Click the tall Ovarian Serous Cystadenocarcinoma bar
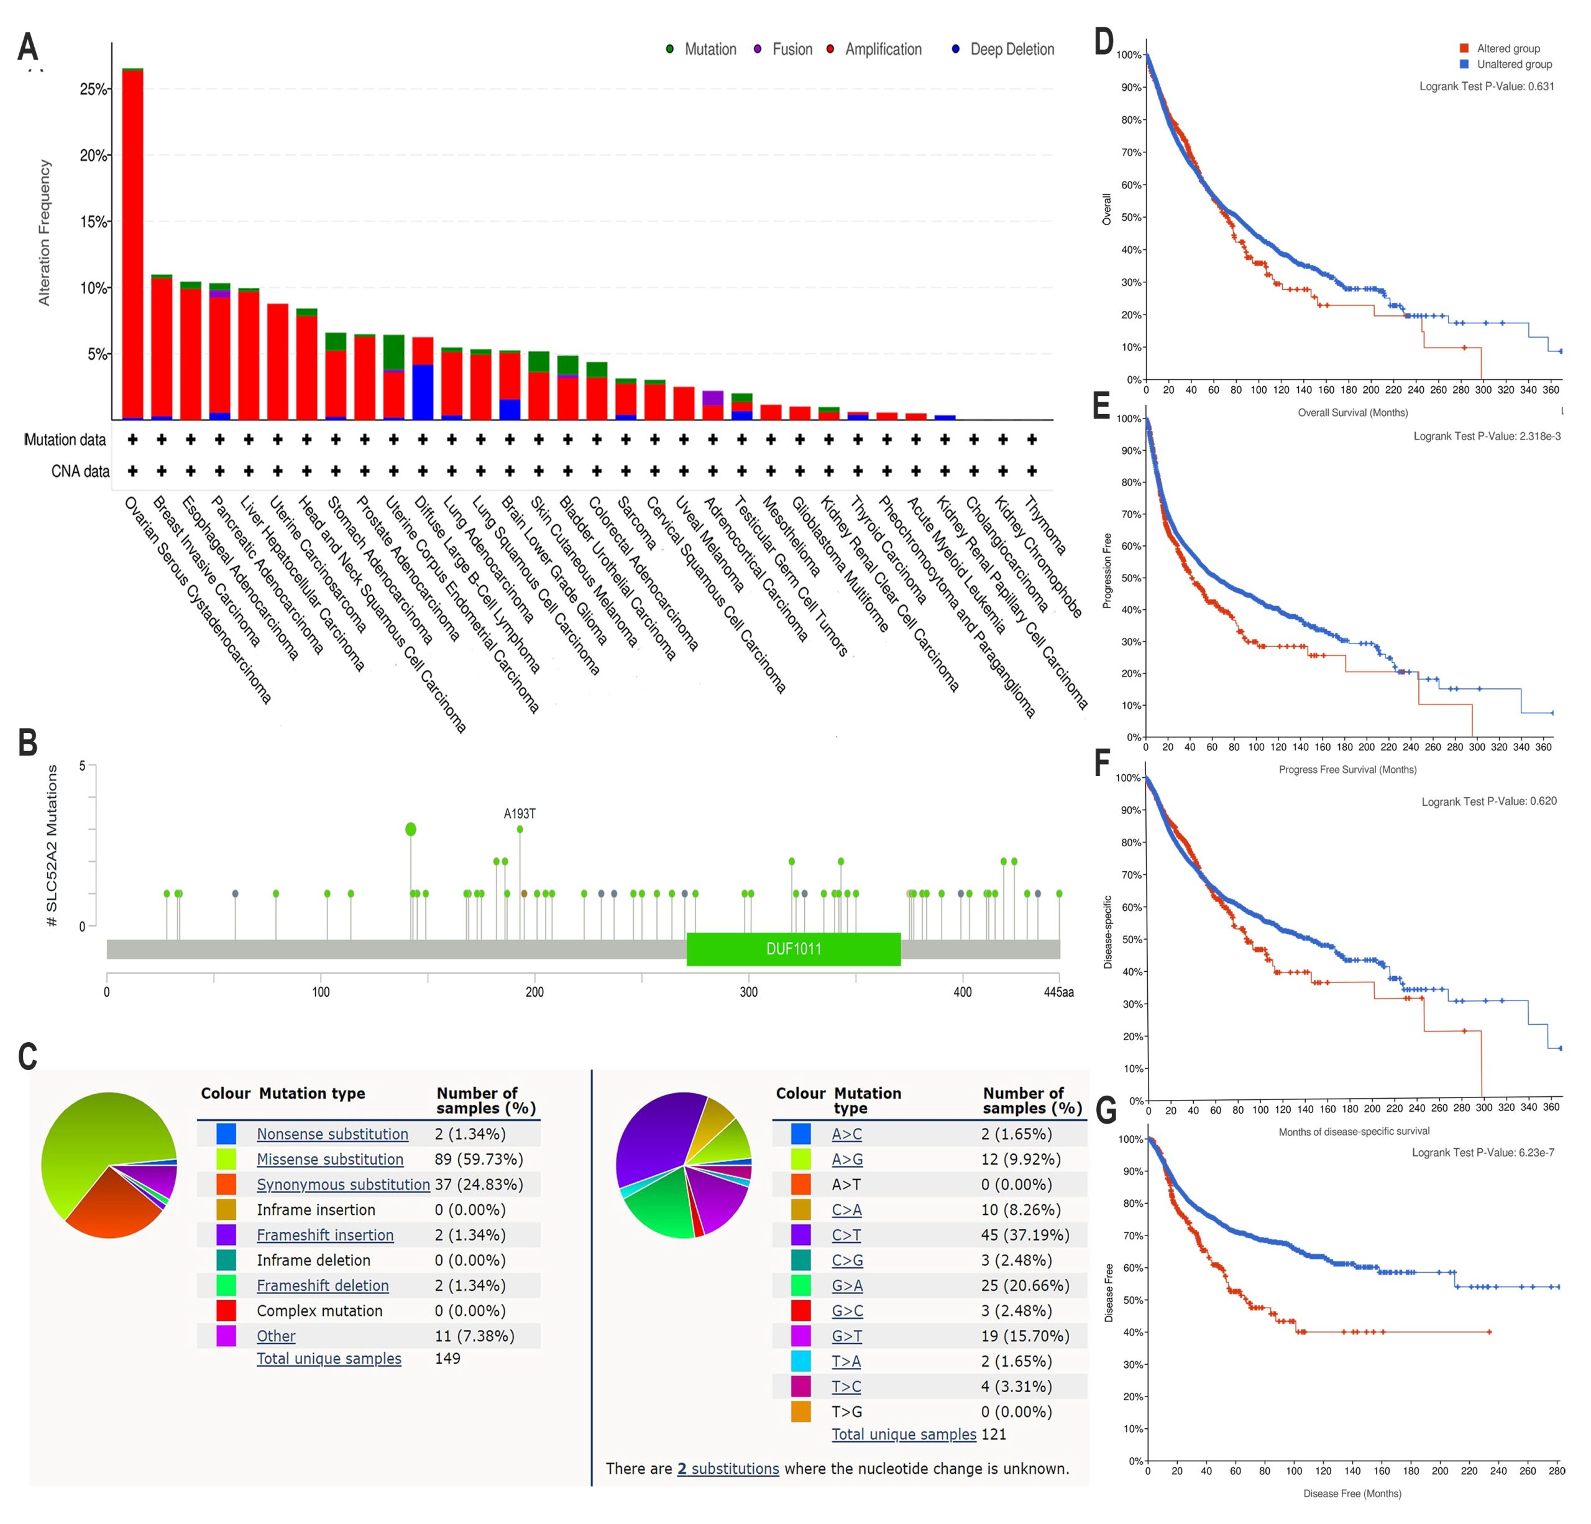tap(133, 244)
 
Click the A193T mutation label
tap(520, 813)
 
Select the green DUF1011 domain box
tap(793, 948)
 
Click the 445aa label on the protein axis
tap(1058, 991)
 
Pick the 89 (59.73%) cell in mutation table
tap(478, 1158)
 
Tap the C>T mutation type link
tap(846, 1235)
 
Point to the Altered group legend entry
tap(1507, 48)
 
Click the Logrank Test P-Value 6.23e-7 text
tap(1482, 1152)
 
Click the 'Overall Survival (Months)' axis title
tap(1352, 412)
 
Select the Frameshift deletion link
tap(323, 1285)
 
